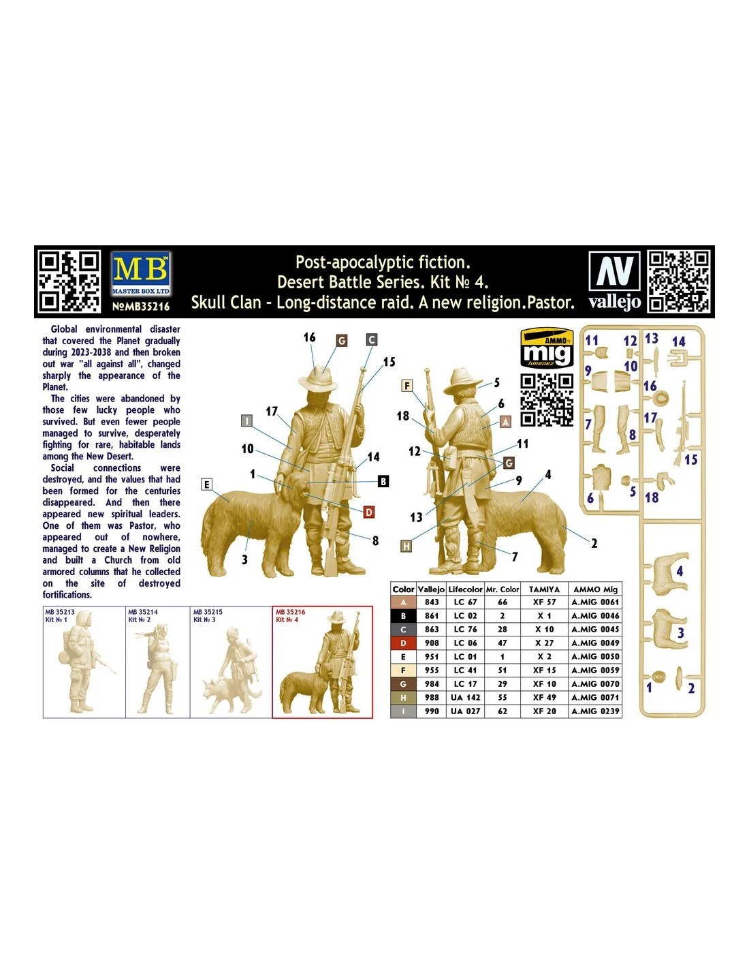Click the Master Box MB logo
[140, 273]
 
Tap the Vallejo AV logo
[614, 280]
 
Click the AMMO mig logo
[547, 348]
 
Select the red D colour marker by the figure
[368, 512]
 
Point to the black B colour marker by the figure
[383, 481]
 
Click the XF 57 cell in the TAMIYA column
[544, 602]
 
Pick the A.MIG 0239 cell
[595, 711]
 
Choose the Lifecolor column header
[465, 589]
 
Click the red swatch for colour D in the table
[403, 643]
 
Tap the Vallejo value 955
[431, 671]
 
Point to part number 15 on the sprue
[690, 460]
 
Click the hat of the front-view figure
[318, 380]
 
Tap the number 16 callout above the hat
[309, 337]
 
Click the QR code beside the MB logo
[69, 281]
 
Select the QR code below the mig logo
[547, 400]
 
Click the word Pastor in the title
[550, 303]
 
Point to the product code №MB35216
[141, 307]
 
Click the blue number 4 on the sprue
[680, 571]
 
